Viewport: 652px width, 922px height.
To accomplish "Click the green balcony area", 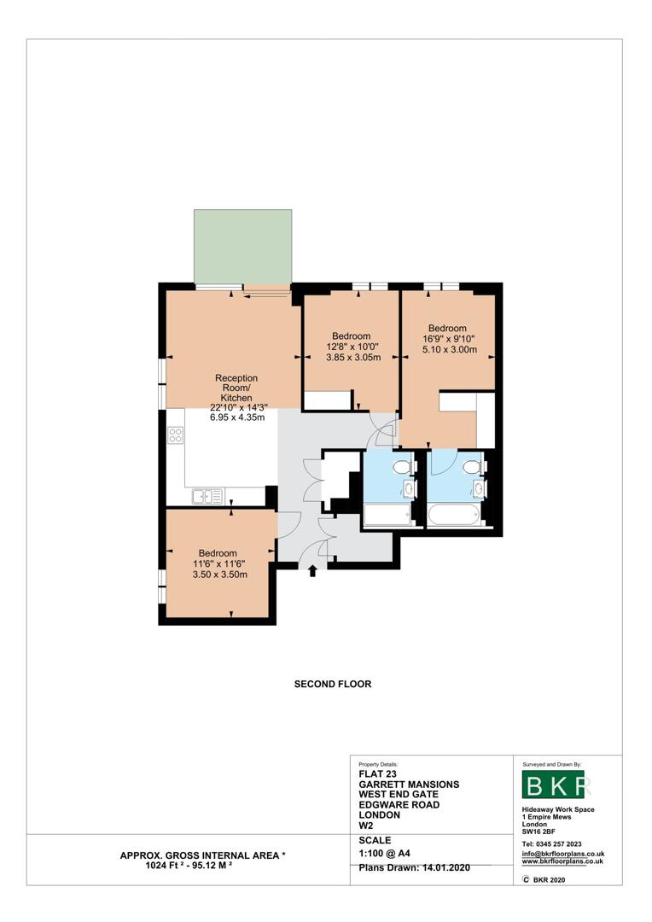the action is click(243, 247).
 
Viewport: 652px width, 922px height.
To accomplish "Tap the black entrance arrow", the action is click(312, 570).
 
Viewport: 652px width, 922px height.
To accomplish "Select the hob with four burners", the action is click(176, 435).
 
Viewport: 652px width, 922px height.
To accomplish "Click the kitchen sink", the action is click(207, 496).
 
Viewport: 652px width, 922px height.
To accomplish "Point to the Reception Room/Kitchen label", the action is click(236, 388).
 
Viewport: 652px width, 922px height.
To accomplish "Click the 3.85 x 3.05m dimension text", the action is click(353, 357).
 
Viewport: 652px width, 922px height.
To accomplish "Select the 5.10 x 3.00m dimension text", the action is click(450, 349).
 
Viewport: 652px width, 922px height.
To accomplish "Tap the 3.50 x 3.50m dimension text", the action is click(220, 575).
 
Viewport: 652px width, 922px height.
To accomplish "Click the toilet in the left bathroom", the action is click(404, 467).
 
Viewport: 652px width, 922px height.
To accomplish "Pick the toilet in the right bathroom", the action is click(473, 467).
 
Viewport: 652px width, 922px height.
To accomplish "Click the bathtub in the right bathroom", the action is click(455, 515).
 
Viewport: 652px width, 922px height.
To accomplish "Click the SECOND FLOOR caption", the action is click(333, 684).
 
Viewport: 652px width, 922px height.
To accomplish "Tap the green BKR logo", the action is click(553, 784).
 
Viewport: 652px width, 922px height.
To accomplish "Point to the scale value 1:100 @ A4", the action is click(385, 853).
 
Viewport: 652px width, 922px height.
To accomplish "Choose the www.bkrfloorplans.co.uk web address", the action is click(562, 861).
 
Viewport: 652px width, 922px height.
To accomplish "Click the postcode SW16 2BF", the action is click(538, 832).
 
